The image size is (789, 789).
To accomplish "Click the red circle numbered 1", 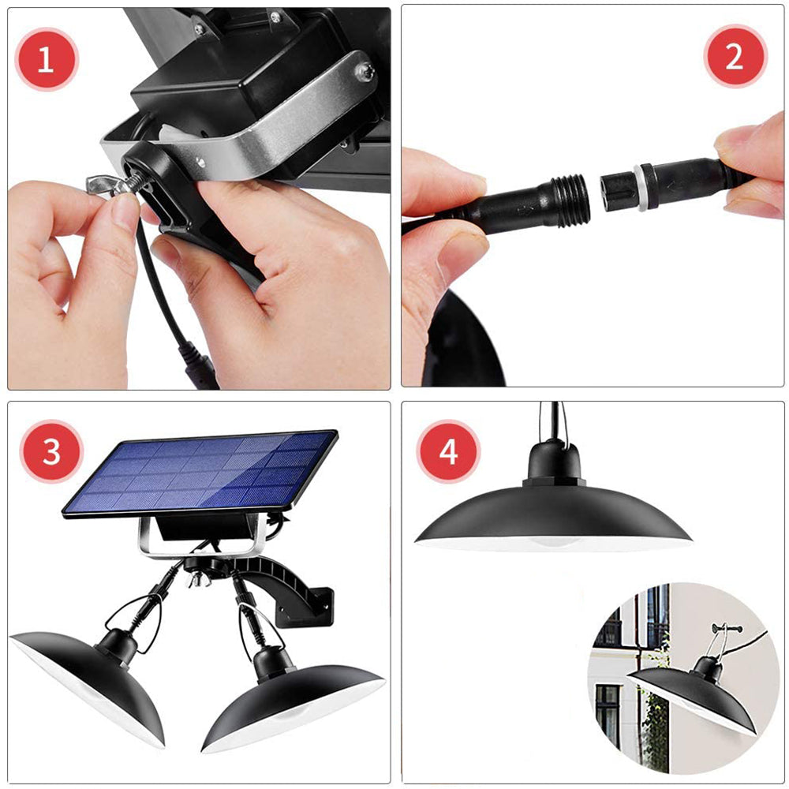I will coord(47,59).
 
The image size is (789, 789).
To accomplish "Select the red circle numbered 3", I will coord(51,451).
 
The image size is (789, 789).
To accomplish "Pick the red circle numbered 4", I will coord(448,452).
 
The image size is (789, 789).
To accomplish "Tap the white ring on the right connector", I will coord(638,187).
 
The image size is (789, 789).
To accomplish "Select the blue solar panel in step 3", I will coord(201,473).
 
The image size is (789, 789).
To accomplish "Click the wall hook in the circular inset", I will coord(726,629).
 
